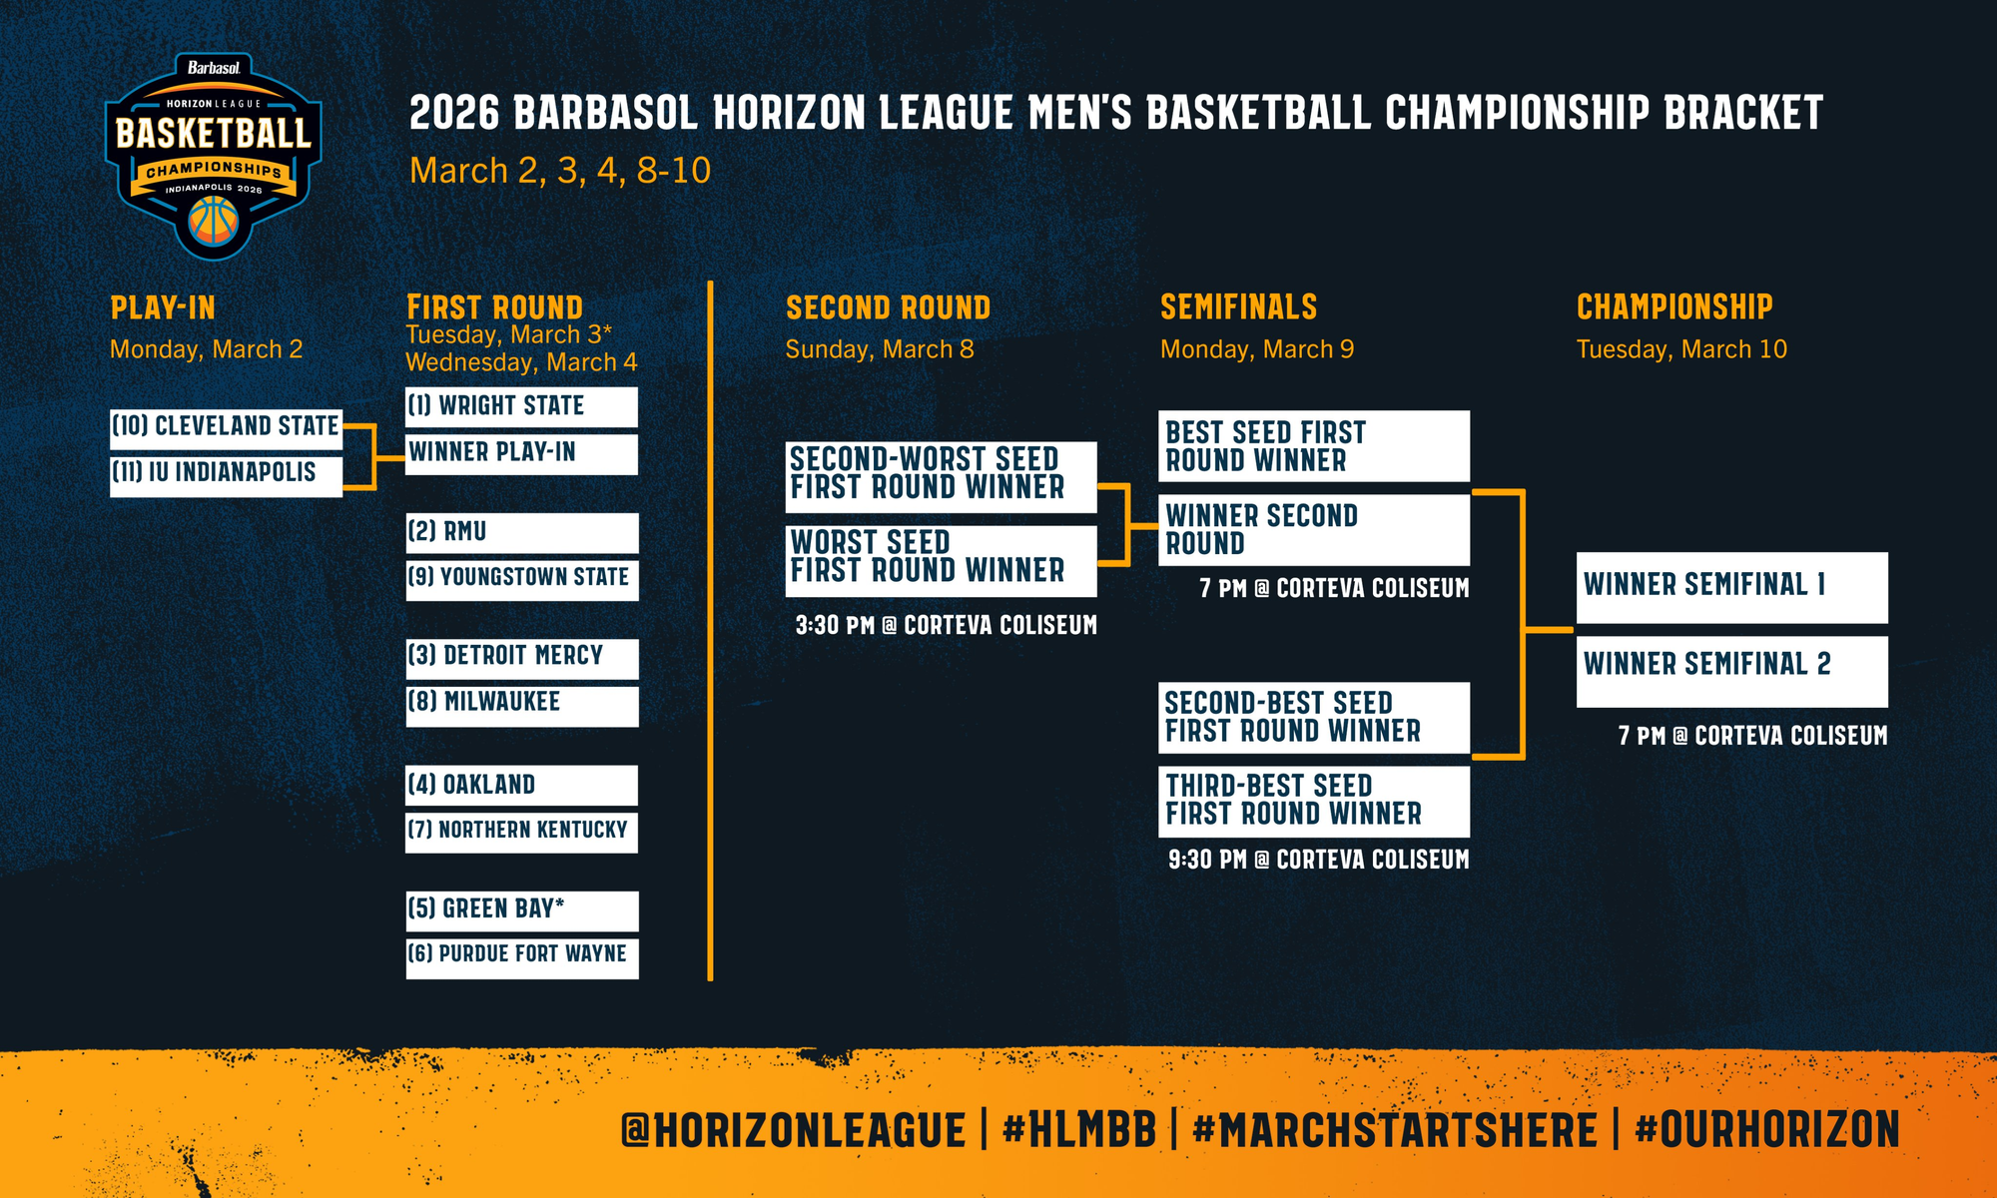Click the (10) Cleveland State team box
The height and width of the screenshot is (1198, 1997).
[x=226, y=428]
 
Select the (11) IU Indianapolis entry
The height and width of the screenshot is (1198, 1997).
[x=226, y=475]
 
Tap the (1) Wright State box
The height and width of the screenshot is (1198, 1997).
[x=521, y=407]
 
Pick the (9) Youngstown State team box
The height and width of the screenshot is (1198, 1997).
[x=521, y=580]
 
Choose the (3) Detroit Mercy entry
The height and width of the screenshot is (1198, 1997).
[x=521, y=659]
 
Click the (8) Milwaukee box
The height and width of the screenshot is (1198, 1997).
[x=521, y=706]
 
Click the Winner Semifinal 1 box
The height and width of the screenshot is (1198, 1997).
[x=1732, y=588]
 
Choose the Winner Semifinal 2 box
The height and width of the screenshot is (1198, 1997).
[x=1732, y=672]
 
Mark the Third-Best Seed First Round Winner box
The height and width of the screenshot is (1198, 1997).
[x=1314, y=802]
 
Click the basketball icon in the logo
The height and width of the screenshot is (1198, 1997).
[x=215, y=221]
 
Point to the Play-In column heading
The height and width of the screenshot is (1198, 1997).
[x=163, y=307]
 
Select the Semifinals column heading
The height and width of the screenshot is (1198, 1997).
[x=1238, y=306]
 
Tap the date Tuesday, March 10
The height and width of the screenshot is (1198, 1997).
[x=1681, y=349]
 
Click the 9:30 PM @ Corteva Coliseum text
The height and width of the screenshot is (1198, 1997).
[x=1319, y=860]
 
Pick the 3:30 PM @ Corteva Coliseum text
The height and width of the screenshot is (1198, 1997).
[x=947, y=625]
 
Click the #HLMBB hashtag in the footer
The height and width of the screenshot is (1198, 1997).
[x=1079, y=1130]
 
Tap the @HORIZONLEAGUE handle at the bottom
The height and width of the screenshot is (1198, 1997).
[x=794, y=1130]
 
